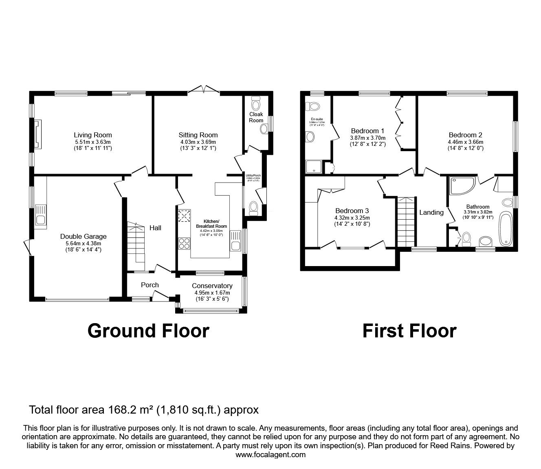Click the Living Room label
(92, 135)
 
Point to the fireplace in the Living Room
(38, 134)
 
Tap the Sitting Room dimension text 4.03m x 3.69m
(198, 142)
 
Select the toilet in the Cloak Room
(256, 101)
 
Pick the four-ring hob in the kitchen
(184, 243)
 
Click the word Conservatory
(212, 286)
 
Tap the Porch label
(150, 285)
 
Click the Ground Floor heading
(148, 330)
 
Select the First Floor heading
(409, 330)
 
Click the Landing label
(431, 212)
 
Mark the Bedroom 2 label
(465, 135)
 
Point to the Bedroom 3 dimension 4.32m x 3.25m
(352, 218)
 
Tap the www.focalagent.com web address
(270, 455)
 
